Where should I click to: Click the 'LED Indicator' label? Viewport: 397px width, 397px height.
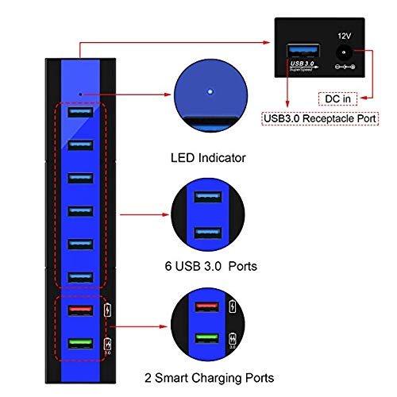[x=208, y=159]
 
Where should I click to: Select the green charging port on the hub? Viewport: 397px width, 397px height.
[x=81, y=343]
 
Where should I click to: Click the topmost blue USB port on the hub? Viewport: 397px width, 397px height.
[x=81, y=112]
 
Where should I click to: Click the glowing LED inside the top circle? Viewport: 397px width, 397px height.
[x=209, y=91]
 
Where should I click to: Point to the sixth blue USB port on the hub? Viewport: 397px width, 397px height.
[x=81, y=276]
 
